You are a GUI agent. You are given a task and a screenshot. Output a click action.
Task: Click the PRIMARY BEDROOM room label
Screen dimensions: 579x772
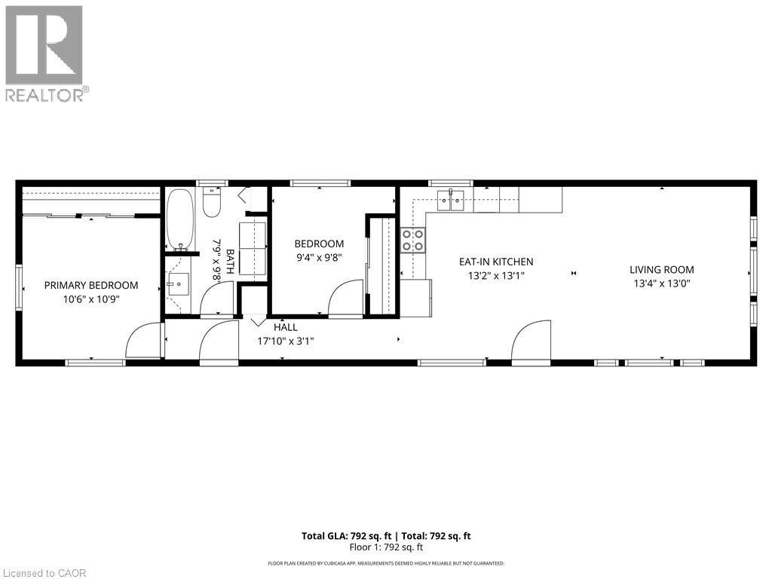(x=91, y=285)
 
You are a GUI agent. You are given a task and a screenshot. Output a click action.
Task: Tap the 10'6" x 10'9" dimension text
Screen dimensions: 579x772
(x=91, y=299)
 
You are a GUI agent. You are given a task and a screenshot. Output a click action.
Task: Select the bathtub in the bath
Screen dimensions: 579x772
(x=179, y=219)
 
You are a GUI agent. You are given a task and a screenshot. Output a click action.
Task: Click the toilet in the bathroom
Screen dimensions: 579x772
(x=211, y=204)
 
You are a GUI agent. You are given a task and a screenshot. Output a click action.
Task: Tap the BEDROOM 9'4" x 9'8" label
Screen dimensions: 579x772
(x=319, y=250)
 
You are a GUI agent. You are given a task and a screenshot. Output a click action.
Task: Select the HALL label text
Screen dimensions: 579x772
(x=286, y=327)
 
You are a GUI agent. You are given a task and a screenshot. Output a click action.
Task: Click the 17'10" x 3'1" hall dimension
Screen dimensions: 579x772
(x=286, y=341)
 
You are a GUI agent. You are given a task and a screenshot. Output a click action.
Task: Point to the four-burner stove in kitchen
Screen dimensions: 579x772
(x=412, y=240)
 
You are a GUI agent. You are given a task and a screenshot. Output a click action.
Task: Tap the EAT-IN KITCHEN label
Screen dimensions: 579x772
(x=496, y=262)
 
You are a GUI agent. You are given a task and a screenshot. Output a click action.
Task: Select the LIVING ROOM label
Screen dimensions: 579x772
(x=662, y=269)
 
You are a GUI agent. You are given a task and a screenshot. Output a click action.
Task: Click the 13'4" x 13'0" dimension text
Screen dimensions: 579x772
(x=662, y=283)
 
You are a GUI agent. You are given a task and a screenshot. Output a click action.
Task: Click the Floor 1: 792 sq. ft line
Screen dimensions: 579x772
(x=386, y=547)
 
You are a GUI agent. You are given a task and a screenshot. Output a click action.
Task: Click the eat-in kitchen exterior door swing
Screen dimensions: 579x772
(x=532, y=342)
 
